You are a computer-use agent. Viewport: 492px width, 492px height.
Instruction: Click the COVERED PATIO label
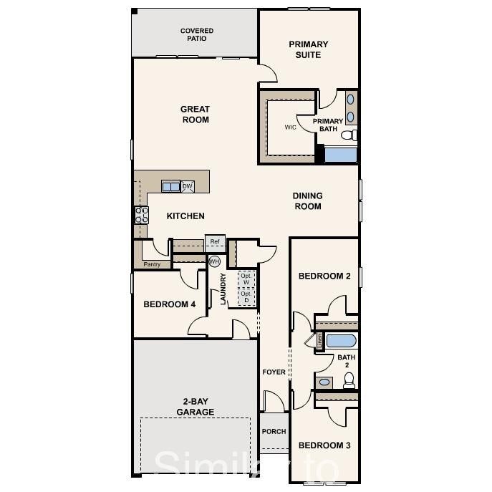click(196, 34)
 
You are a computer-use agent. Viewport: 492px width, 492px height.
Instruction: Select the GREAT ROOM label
click(195, 115)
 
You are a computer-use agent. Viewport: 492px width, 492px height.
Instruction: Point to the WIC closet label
click(290, 127)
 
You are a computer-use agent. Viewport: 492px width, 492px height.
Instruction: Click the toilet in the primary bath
click(349, 135)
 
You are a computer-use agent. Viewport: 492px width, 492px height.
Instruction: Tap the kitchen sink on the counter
click(171, 186)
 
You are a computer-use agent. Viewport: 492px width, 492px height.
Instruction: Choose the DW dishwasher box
click(188, 186)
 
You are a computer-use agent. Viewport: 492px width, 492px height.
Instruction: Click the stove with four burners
click(141, 215)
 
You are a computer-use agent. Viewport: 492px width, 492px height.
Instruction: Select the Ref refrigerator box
click(214, 242)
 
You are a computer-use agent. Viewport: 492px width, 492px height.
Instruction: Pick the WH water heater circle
click(214, 261)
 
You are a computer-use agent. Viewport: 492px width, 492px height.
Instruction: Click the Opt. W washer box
click(246, 279)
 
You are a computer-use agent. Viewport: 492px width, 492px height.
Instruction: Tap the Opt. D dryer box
click(246, 296)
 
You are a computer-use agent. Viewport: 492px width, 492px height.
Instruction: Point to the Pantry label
click(152, 264)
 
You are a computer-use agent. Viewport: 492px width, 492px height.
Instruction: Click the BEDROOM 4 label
click(170, 304)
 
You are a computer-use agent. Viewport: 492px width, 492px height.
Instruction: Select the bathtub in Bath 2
click(341, 340)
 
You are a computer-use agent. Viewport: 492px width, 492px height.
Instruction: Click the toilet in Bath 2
click(349, 380)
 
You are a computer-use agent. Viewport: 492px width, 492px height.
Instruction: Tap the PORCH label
click(274, 431)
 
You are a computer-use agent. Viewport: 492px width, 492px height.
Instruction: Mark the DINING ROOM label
click(307, 201)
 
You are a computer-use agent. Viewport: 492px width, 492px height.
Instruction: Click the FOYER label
click(274, 372)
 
